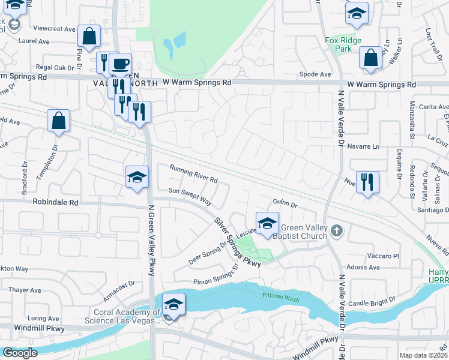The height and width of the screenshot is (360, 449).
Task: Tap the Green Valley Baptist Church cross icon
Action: (x=337, y=230)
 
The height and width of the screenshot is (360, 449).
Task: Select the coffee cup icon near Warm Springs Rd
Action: (x=120, y=64)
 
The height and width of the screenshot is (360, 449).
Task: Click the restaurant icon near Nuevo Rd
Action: (x=367, y=181)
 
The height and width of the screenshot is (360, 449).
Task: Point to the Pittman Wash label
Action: (x=279, y=295)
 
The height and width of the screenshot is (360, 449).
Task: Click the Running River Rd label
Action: (x=193, y=174)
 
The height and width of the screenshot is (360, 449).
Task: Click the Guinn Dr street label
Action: (x=285, y=204)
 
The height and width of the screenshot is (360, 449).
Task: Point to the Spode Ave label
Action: (x=316, y=74)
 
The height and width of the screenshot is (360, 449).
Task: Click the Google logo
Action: (x=20, y=353)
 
